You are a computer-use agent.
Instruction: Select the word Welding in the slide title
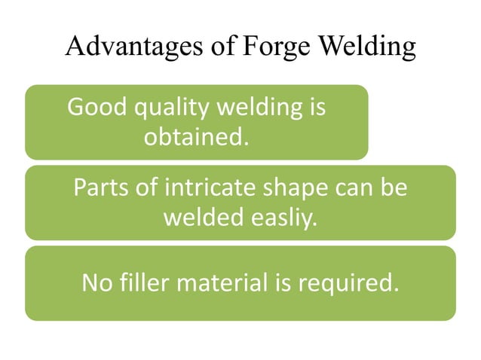[365, 47]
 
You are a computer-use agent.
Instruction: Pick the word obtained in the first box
[196, 137]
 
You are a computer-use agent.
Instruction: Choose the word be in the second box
[394, 188]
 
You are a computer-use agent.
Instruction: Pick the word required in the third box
[349, 285]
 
